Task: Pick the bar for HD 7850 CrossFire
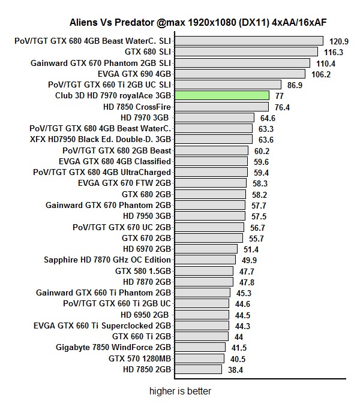(x=220, y=107)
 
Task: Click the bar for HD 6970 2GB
(x=206, y=249)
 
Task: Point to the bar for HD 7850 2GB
(x=198, y=369)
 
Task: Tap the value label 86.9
(x=295, y=85)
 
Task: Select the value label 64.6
(x=268, y=118)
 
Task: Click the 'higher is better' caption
(x=180, y=391)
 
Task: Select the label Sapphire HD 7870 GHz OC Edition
(x=107, y=260)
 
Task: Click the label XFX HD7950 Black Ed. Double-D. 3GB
(x=100, y=139)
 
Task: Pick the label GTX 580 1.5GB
(x=143, y=271)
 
